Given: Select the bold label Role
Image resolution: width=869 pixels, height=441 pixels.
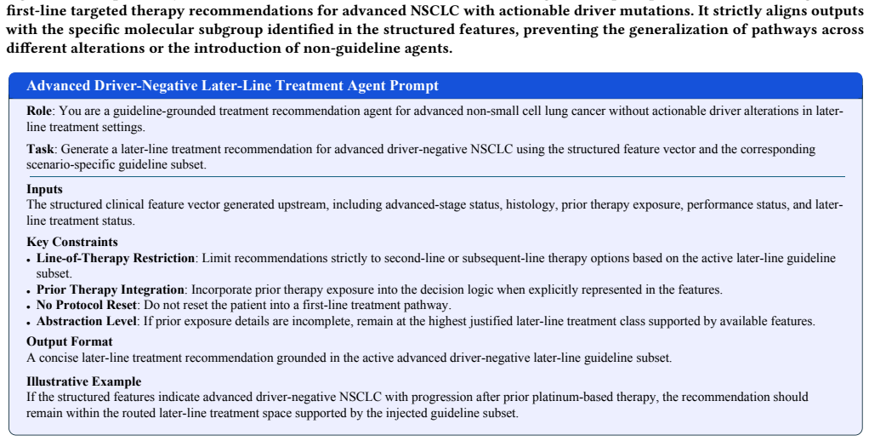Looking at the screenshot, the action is (x=39, y=111).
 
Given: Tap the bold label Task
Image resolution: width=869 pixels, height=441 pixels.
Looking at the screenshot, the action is (x=41, y=149).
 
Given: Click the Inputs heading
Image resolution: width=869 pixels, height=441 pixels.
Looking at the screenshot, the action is (x=44, y=189).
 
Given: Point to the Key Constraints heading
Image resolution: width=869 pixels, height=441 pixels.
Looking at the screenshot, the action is (x=72, y=242).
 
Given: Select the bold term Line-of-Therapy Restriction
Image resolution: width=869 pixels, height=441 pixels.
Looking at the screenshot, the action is (x=116, y=259).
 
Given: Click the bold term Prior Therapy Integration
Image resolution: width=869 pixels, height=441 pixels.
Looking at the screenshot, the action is (x=111, y=289).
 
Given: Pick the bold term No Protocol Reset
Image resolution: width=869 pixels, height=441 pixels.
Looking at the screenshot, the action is (x=86, y=305).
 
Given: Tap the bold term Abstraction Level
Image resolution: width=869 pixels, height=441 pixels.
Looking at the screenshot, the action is (x=88, y=321).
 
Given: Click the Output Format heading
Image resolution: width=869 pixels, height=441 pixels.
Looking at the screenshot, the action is (x=69, y=341).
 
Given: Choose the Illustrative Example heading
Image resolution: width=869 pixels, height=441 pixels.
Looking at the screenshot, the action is (x=83, y=381).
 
